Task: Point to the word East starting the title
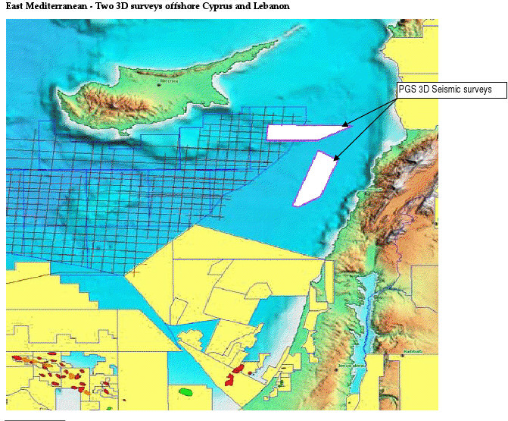[x=15, y=6]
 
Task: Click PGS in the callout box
[x=407, y=90]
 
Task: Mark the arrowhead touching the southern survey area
[x=335, y=158]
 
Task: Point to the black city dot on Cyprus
[x=159, y=84]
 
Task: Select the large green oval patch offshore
[x=185, y=392]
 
